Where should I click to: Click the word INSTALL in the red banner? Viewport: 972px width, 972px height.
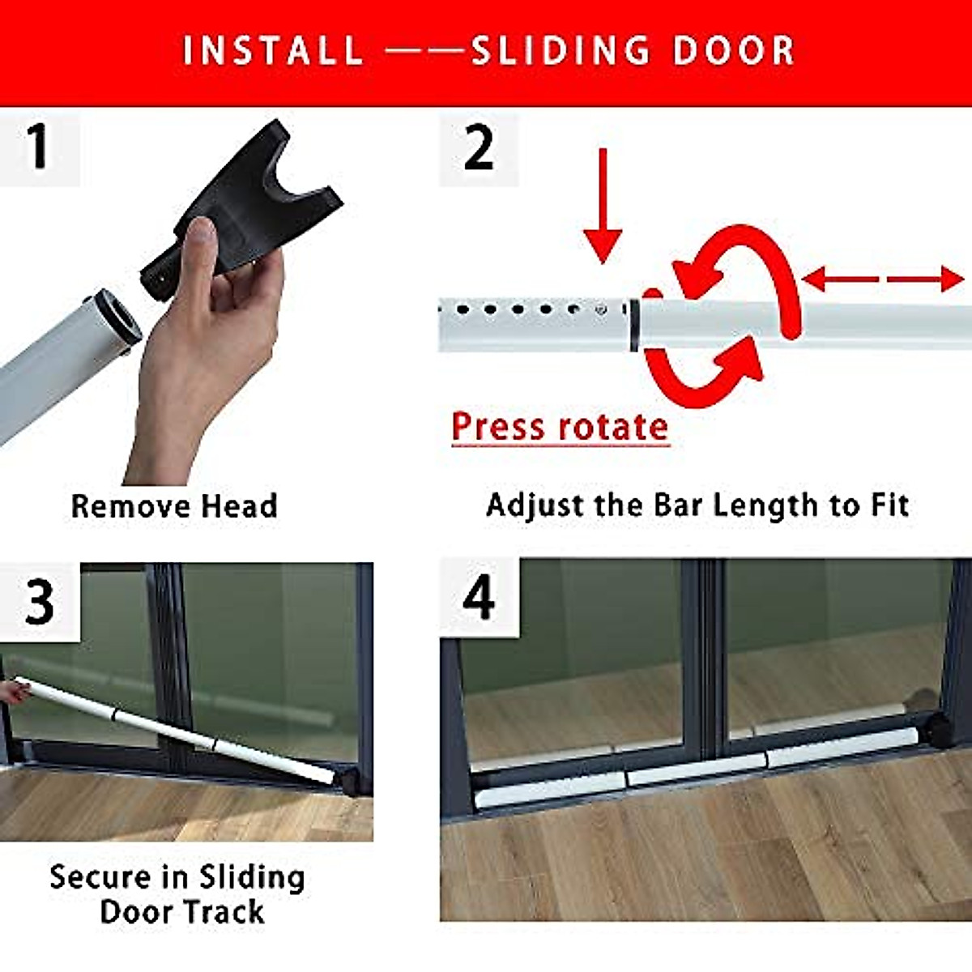coord(273,50)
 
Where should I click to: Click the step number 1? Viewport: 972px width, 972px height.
coord(37,148)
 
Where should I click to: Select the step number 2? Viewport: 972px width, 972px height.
coord(478,148)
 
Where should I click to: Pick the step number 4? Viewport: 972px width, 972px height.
coord(478,599)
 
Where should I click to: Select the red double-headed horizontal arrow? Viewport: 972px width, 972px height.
coord(883,280)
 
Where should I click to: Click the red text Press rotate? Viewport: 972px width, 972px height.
coord(560,427)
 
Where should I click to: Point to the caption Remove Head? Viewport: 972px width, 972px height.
coord(174,506)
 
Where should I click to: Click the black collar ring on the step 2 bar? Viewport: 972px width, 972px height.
coord(633,326)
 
